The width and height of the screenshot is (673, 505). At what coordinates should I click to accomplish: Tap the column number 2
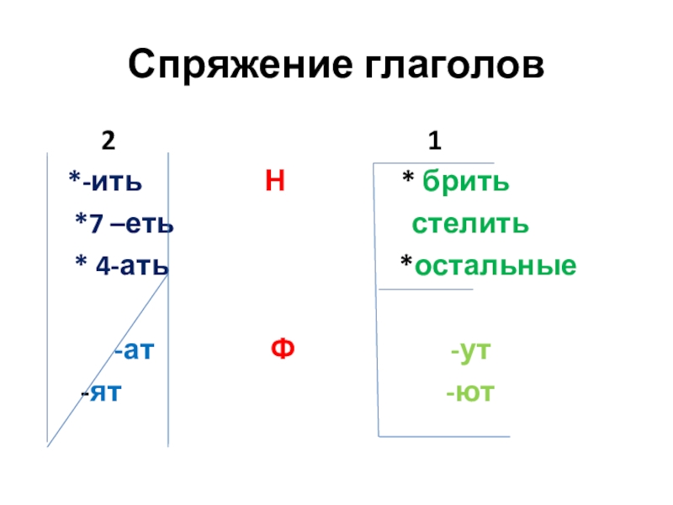click(108, 140)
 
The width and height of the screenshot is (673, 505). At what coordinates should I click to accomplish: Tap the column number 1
click(433, 140)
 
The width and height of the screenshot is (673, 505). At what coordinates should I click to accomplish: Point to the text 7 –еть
click(130, 224)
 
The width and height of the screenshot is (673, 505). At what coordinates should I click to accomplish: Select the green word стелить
click(469, 224)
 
